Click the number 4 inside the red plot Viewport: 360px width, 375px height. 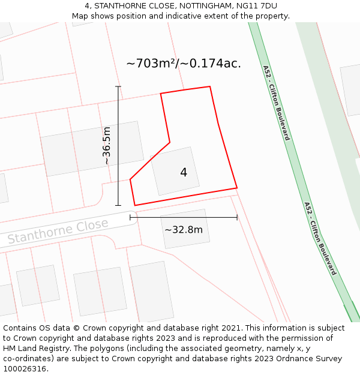click(x=184, y=173)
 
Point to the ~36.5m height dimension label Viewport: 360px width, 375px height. click(x=106, y=146)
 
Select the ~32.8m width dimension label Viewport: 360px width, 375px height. click(x=184, y=229)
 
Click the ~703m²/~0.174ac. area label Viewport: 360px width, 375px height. click(x=184, y=63)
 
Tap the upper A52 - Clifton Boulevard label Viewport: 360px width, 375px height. click(x=276, y=103)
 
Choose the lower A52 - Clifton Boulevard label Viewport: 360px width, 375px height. click(x=320, y=238)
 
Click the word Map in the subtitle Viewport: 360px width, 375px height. click(x=80, y=16)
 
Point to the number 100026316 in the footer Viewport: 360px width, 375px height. click(x=24, y=368)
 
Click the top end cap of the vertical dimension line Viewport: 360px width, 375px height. click(x=118, y=87)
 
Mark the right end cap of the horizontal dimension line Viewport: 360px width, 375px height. click(x=237, y=217)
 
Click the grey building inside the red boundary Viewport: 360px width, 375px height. click(x=175, y=171)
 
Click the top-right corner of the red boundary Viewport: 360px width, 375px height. click(x=210, y=87)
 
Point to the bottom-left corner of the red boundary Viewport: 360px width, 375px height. click(x=135, y=205)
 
